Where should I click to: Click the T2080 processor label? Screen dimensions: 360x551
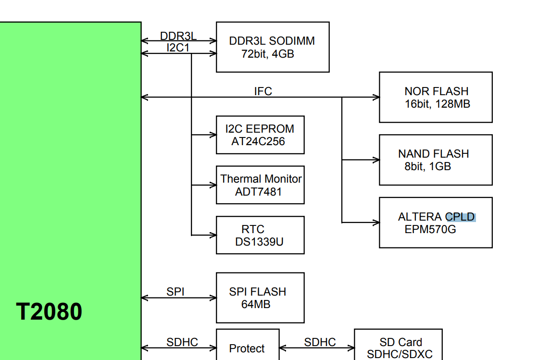click(x=49, y=311)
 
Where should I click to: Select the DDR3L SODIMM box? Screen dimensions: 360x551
click(x=273, y=47)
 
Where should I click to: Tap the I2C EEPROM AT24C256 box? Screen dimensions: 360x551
click(x=260, y=135)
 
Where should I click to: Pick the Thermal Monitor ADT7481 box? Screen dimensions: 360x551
click(x=260, y=185)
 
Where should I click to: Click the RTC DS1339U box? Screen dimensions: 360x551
click(x=260, y=235)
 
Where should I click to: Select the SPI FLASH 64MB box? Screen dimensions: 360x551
click(x=260, y=298)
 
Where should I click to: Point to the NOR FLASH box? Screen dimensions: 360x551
click(x=436, y=97)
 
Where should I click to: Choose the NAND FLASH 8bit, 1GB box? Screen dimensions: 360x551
click(x=436, y=160)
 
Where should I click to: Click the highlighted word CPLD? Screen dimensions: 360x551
click(x=461, y=217)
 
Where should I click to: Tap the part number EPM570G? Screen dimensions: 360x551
click(x=430, y=229)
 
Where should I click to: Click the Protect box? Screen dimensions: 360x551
click(x=247, y=348)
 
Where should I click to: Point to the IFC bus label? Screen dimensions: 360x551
click(x=263, y=91)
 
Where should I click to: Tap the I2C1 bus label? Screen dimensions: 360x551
click(x=178, y=48)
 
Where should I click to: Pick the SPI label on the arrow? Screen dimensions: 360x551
click(x=175, y=292)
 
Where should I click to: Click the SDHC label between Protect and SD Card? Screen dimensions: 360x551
click(x=320, y=342)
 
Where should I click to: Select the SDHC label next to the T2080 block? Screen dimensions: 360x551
click(x=182, y=342)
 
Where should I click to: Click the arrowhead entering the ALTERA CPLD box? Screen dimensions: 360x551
click(x=376, y=223)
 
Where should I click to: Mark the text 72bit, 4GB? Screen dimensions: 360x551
click(x=268, y=54)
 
